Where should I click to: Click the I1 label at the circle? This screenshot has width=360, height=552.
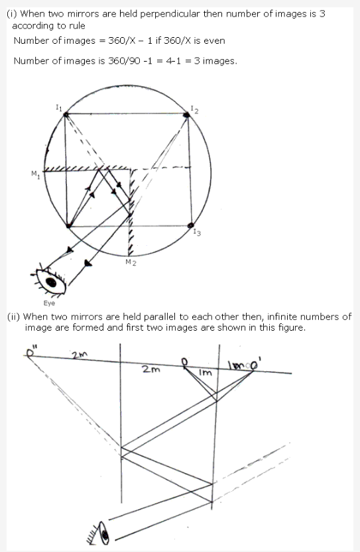[58, 107]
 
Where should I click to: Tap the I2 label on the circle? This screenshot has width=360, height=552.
[193, 109]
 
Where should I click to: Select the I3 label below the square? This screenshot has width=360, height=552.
[197, 233]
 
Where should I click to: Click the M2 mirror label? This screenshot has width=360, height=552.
[131, 263]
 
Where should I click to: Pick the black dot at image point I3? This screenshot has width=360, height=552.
[191, 225]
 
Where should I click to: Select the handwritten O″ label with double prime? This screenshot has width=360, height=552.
[31, 351]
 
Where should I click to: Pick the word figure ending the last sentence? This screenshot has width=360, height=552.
[288, 327]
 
